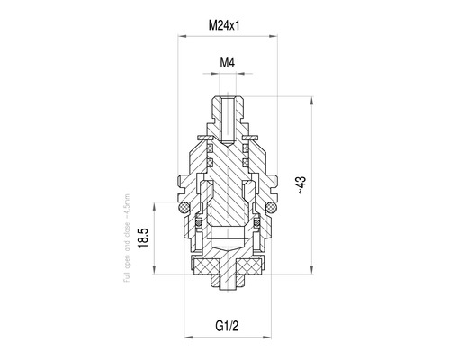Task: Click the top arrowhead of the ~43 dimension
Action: click(x=312, y=93)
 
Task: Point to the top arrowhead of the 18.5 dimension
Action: click(x=159, y=203)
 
